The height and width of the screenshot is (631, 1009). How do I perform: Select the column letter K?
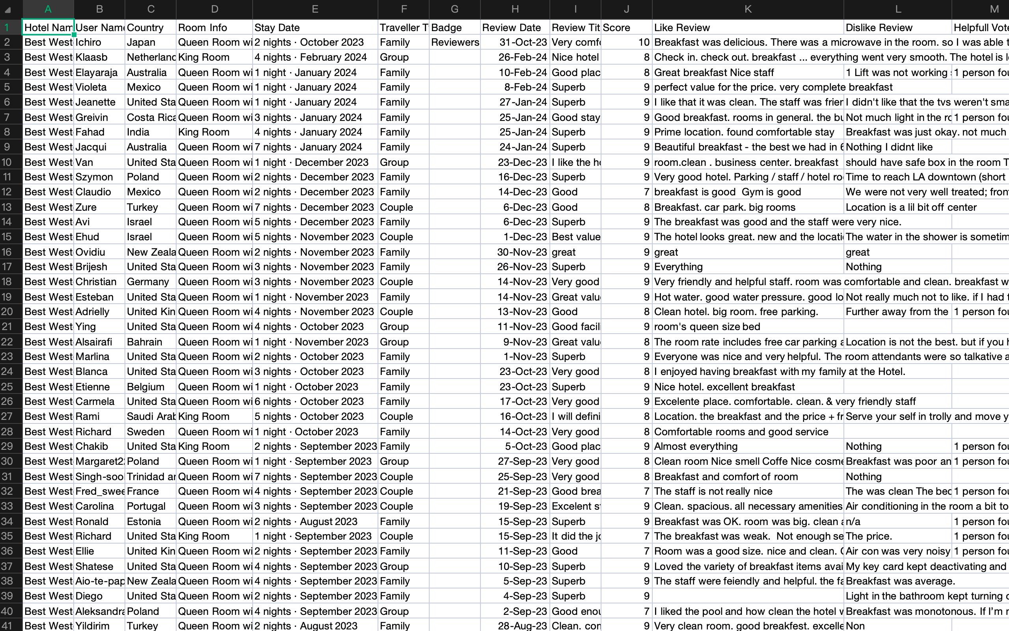748,9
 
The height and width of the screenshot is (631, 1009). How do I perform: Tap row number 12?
7,192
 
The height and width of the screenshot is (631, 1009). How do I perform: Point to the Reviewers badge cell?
455,42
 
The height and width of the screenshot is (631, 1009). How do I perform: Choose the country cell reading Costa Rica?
150,117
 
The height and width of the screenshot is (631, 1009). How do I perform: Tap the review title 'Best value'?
575,237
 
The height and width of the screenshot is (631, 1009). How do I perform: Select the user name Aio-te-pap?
99,581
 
